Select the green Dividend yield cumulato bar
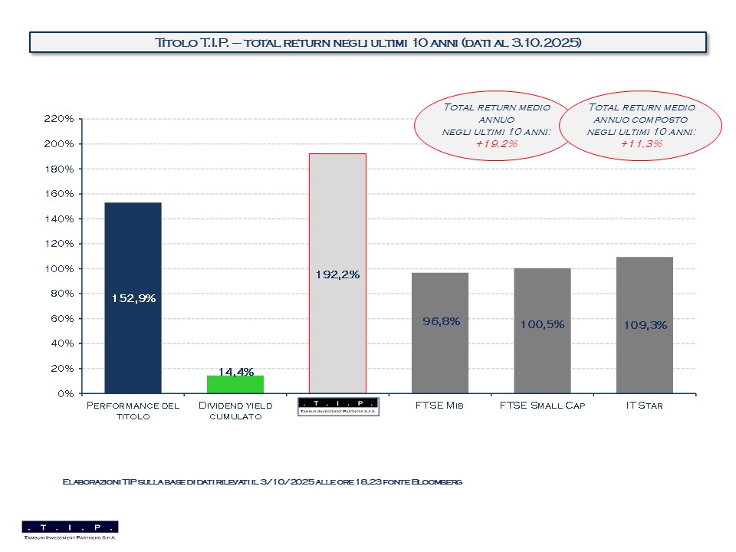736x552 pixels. (235, 384)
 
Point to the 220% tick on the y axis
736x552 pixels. (59, 119)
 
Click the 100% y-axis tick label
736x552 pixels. (59, 268)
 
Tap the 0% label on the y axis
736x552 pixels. (64, 393)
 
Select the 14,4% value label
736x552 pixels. (235, 372)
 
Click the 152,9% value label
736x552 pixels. (133, 299)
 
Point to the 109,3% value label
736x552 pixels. (645, 324)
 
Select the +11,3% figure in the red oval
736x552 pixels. (640, 143)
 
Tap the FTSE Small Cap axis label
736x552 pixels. (542, 405)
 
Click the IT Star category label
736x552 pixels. (645, 405)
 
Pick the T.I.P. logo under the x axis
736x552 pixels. (337, 406)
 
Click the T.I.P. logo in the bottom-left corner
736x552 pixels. (70, 530)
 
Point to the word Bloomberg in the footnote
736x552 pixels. (437, 481)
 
